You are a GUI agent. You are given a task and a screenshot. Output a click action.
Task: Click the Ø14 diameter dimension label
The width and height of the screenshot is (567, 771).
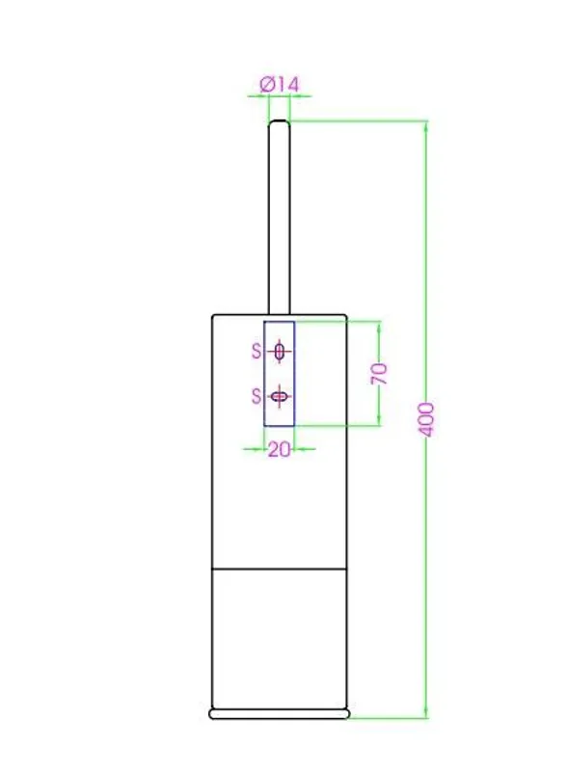click(280, 85)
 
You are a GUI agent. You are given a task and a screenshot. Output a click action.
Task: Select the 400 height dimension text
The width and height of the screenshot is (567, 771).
click(427, 419)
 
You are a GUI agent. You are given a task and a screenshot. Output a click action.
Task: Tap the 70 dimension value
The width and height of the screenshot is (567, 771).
click(379, 374)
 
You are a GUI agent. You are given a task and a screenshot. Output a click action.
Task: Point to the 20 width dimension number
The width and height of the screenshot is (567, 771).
click(279, 449)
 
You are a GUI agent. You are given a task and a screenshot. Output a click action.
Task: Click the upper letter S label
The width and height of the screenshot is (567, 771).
click(256, 351)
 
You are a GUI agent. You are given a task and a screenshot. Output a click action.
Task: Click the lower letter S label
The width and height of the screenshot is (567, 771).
click(256, 396)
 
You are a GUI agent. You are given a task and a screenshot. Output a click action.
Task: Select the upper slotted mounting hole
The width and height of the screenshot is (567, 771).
click(280, 352)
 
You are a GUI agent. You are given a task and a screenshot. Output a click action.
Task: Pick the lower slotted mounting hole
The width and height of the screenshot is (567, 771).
click(280, 396)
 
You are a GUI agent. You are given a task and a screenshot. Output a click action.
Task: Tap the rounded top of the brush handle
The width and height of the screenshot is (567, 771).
click(279, 122)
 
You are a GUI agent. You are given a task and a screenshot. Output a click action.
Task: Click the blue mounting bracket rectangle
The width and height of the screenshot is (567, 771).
click(264, 374)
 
